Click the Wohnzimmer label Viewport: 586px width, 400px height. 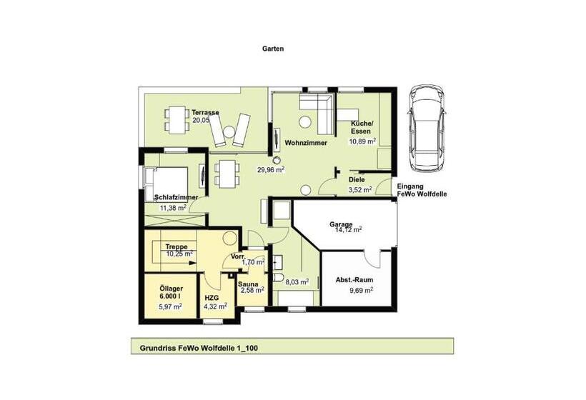click(x=306, y=143)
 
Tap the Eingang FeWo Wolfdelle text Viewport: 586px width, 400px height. click(x=421, y=189)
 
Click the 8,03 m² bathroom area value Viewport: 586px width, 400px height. click(x=297, y=281)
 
